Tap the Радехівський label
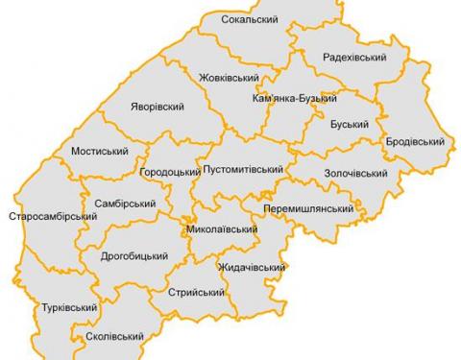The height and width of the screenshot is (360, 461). coord(354,58)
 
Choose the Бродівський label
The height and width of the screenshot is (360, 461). coord(415,142)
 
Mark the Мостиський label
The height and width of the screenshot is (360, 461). coord(100,152)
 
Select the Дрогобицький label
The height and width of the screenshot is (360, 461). coord(134,256)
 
